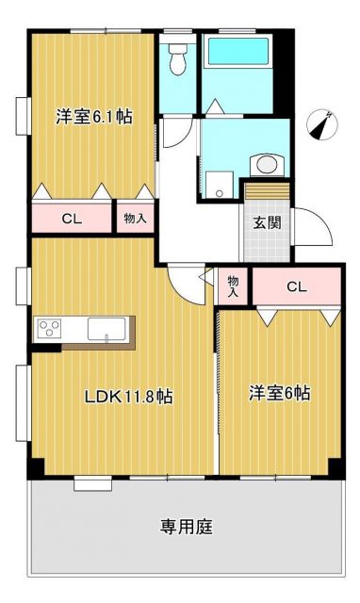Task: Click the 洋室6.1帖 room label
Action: [x=92, y=118]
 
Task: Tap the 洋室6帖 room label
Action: [x=279, y=393]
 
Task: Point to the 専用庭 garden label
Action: [x=186, y=527]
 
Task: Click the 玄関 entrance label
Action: [x=264, y=223]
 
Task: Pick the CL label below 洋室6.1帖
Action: [x=71, y=219]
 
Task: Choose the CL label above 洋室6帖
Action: [x=296, y=286]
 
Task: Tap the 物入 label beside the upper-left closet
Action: [x=135, y=219]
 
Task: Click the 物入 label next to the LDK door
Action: [x=233, y=287]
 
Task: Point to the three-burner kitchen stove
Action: [x=48, y=329]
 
